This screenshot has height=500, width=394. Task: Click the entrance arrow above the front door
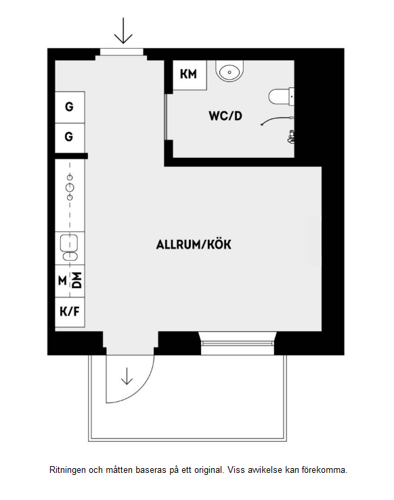(x=123, y=30)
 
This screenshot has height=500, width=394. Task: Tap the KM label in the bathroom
(x=188, y=74)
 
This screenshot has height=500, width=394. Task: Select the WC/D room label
(x=225, y=116)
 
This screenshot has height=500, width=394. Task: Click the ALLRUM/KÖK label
(x=194, y=245)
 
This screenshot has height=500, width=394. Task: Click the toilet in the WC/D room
(x=281, y=96)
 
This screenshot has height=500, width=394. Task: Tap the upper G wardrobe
(x=70, y=107)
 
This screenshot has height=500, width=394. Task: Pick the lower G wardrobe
(x=70, y=138)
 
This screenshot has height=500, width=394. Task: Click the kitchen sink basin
(x=69, y=243)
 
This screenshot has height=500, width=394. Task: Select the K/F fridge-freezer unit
(x=70, y=312)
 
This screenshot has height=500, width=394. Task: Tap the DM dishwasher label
(x=76, y=280)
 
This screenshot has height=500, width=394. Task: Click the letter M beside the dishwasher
(x=62, y=280)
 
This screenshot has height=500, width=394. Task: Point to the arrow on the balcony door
(x=127, y=376)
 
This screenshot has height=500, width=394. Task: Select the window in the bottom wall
(x=238, y=343)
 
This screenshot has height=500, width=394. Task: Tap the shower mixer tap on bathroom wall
(x=291, y=136)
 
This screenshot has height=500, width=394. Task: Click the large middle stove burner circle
(x=70, y=187)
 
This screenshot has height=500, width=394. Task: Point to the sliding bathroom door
(x=166, y=117)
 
